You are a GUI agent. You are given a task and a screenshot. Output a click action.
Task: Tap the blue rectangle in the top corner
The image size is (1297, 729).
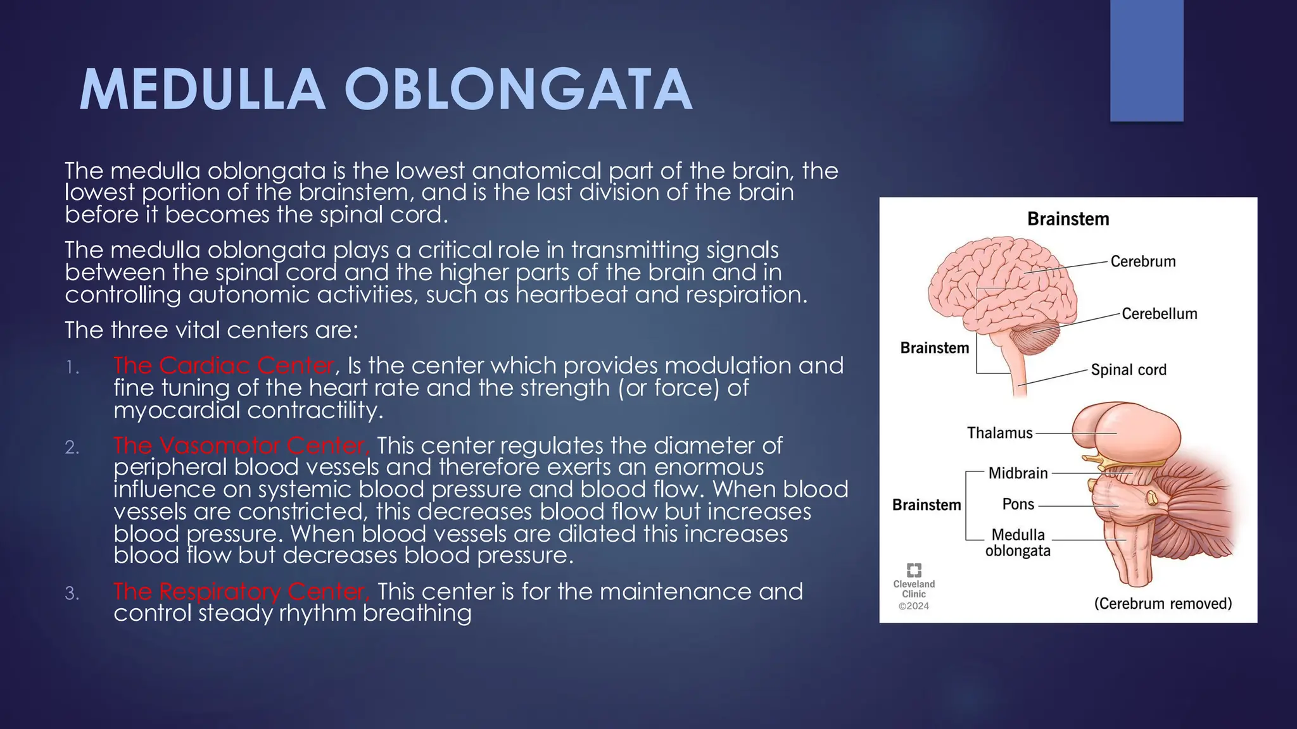pos(1146,60)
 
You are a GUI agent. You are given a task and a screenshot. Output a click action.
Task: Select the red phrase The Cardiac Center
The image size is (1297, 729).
pos(224,366)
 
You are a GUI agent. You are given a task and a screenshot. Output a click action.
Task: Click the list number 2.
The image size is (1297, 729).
pos(72,448)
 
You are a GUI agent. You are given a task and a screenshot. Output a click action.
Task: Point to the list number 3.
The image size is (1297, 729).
pos(72,594)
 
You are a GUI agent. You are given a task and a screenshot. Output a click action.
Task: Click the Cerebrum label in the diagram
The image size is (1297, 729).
pos(1142,261)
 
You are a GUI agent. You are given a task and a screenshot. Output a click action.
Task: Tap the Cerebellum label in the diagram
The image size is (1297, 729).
pos(1159,314)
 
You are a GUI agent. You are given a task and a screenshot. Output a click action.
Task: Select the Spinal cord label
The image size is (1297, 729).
pos(1128,370)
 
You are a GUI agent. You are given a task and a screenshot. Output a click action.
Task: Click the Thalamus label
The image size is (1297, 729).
pos(999,433)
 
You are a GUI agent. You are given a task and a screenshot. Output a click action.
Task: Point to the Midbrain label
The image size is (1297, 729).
pos(1018,473)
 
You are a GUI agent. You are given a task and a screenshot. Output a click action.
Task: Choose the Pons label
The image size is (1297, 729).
pos(1018,504)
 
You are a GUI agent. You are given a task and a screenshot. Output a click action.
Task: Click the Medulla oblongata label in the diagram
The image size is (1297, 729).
pos(1018,543)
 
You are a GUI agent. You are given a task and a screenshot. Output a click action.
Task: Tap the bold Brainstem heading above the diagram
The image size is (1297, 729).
pos(1068,220)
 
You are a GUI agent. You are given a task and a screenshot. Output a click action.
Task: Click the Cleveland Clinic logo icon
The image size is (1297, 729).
pos(914,570)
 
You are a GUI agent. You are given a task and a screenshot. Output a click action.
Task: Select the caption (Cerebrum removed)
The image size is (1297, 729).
pos(1163,604)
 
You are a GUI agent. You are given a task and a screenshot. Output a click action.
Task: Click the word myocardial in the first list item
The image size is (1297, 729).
pos(177,411)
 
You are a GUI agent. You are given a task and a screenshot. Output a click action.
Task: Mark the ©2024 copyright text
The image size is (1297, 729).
pos(914,606)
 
